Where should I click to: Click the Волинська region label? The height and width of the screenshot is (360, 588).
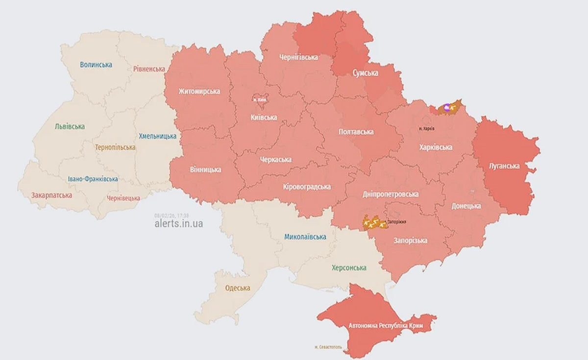pos(96,65)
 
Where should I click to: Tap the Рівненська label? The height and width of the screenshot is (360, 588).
pos(149,69)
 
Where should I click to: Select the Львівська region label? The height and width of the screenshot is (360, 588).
pos(70,126)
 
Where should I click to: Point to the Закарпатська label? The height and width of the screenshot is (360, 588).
pos(52,195)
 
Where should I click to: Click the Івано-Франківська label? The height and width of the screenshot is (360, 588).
pos(93,179)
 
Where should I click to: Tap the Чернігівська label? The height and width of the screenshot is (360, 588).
pos(298,57)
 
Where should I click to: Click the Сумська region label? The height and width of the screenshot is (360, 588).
pos(366,73)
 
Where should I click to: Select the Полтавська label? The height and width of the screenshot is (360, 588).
pos(356,132)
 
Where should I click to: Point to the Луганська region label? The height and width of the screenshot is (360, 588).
pos(504,166)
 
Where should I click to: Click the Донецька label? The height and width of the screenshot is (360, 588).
pos(466,206)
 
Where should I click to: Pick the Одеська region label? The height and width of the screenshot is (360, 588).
pos(238,288)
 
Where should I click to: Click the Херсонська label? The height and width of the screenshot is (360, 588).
pos(349,268)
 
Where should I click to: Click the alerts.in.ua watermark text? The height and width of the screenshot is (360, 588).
pos(178,223)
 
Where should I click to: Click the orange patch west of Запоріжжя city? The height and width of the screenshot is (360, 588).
pos(374,223)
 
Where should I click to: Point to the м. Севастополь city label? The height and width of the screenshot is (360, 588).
pos(332,347)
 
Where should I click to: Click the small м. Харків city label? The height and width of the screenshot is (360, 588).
pos(427,128)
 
